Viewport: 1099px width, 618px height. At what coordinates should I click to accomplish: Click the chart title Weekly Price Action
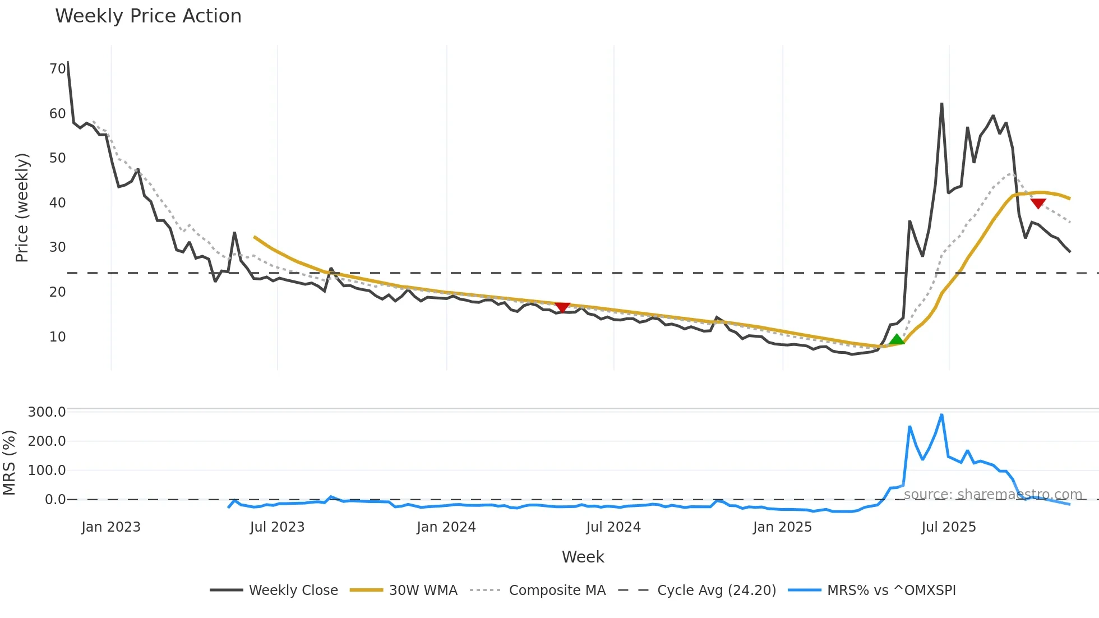(148, 16)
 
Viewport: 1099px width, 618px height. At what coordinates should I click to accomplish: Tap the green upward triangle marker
(897, 339)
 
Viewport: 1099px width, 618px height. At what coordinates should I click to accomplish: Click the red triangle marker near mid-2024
(562, 307)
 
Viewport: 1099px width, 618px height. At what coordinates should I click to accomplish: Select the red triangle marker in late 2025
(1038, 204)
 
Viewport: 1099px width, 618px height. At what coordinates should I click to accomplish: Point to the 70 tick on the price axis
(57, 69)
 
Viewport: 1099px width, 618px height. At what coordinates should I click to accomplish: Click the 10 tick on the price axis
(57, 337)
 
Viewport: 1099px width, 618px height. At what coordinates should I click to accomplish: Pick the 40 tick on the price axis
(57, 203)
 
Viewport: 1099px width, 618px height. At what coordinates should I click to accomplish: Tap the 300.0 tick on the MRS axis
(47, 412)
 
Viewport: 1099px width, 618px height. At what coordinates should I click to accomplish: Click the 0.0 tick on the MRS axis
(55, 500)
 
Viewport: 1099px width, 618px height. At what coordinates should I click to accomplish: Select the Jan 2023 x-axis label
(110, 527)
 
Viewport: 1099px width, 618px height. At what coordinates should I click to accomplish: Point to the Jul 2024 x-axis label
(613, 527)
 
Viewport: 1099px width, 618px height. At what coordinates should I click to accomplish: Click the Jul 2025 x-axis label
(949, 527)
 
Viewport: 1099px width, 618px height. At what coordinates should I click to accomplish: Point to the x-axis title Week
(583, 557)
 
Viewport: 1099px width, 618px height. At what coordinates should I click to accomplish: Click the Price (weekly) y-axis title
(22, 207)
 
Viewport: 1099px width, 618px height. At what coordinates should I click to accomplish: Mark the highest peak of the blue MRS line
(941, 415)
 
